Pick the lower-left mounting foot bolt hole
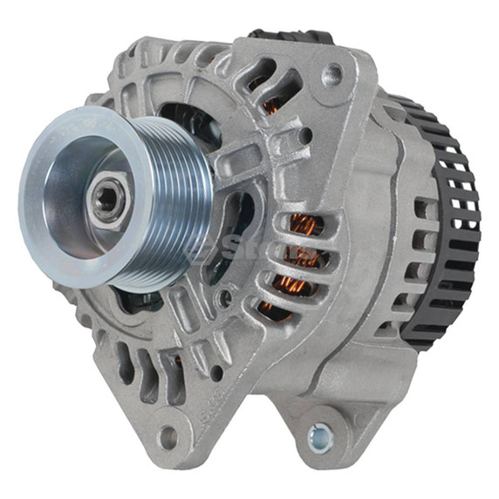point(168,436)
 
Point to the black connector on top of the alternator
point(288,37)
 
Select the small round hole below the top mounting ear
point(305,135)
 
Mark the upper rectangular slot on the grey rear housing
point(426,209)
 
